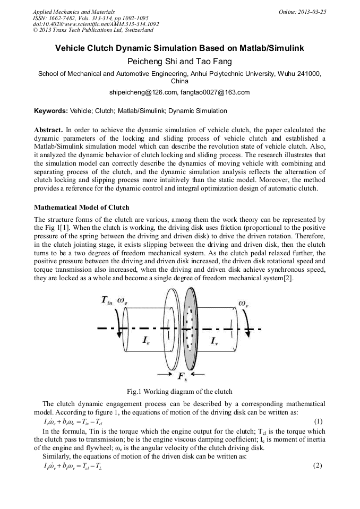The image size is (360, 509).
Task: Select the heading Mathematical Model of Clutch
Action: coord(81,206)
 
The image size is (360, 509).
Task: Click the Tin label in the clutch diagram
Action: coord(108,301)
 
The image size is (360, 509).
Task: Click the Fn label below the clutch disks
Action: coord(182,376)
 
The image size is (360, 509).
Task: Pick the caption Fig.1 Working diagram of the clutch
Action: coord(179,392)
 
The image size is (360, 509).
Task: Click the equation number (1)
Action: coord(318,422)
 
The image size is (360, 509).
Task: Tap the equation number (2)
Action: coord(318,466)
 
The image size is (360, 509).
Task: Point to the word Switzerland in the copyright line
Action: coord(137,30)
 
